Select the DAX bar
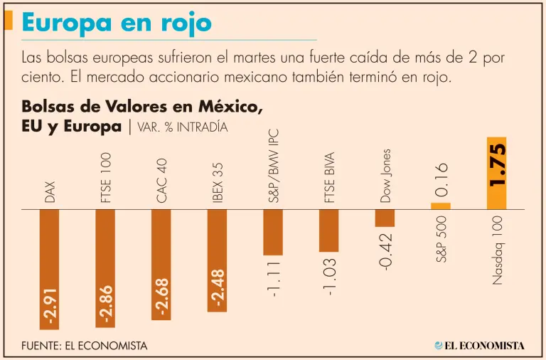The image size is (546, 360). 49,256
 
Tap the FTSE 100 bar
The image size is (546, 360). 105,249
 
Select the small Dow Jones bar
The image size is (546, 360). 385,218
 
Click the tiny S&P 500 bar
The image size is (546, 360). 441,206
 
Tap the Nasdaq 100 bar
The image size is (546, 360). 496,174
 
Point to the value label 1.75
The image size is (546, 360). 497,165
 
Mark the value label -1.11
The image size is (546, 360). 274,278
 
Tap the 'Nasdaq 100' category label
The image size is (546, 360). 497,250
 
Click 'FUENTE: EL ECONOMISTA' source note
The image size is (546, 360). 85,346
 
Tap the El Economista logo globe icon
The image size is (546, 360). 438,346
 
